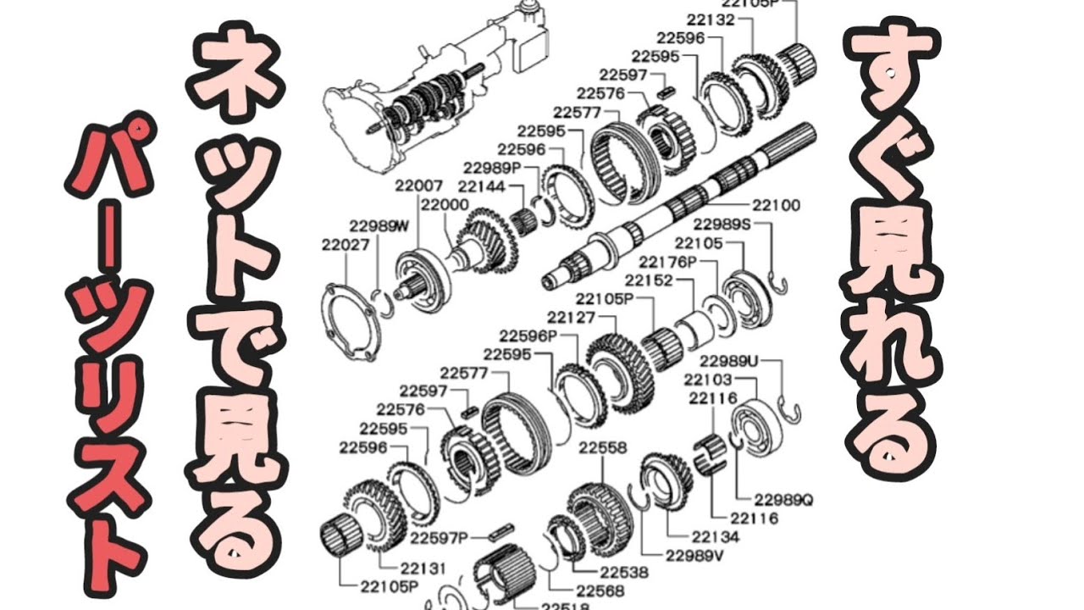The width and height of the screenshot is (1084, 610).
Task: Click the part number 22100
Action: [776, 205]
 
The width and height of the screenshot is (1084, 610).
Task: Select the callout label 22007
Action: [419, 186]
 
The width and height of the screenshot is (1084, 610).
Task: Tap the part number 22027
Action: [346, 245]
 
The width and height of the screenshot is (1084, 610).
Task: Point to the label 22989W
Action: [379, 226]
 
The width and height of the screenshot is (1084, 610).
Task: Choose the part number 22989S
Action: [723, 225]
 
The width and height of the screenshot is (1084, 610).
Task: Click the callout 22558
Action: [602, 448]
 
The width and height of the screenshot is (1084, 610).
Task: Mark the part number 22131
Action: [423, 568]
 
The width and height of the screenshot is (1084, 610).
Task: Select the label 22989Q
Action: [784, 500]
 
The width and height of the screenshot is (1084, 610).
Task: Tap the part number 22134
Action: [716, 537]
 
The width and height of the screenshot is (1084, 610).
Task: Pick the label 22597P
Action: [440, 538]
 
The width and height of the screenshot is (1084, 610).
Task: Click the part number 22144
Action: [481, 186]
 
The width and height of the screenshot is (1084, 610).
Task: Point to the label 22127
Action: [571, 318]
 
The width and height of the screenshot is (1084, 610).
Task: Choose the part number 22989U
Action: [730, 361]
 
